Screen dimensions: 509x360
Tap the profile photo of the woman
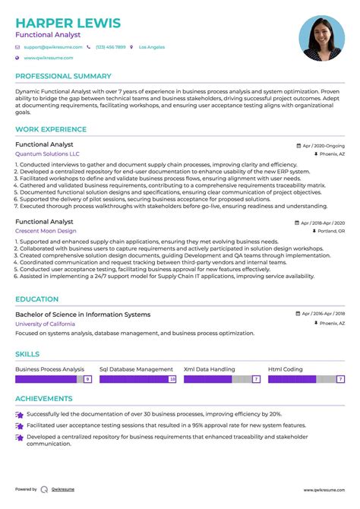pos(321,38)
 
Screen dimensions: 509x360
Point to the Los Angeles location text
pos(151,47)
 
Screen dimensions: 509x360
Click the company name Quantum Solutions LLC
pos(47,153)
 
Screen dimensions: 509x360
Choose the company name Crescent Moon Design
pos(46,230)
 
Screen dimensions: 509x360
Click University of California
pos(45,324)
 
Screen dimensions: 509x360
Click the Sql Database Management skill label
pos(137,369)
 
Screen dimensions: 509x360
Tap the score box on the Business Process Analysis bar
pos(87,378)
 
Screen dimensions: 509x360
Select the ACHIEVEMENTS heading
pos(44,398)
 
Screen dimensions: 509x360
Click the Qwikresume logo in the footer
pos(45,490)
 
